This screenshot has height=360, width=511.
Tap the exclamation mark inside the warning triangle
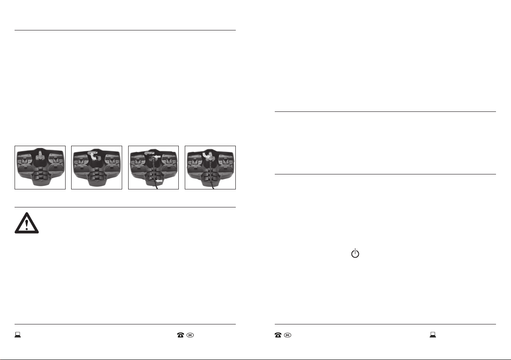pos(27,225)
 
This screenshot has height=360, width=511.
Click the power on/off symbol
pos(355,253)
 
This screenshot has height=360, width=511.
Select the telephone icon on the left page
pos(180,335)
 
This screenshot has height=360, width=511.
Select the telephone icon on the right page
pos(278,335)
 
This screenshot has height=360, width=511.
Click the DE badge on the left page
pos(190,335)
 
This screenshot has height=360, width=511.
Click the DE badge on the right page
pos(287,335)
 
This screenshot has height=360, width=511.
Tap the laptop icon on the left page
pos(18,335)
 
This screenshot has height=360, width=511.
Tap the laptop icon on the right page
pos(433,335)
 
